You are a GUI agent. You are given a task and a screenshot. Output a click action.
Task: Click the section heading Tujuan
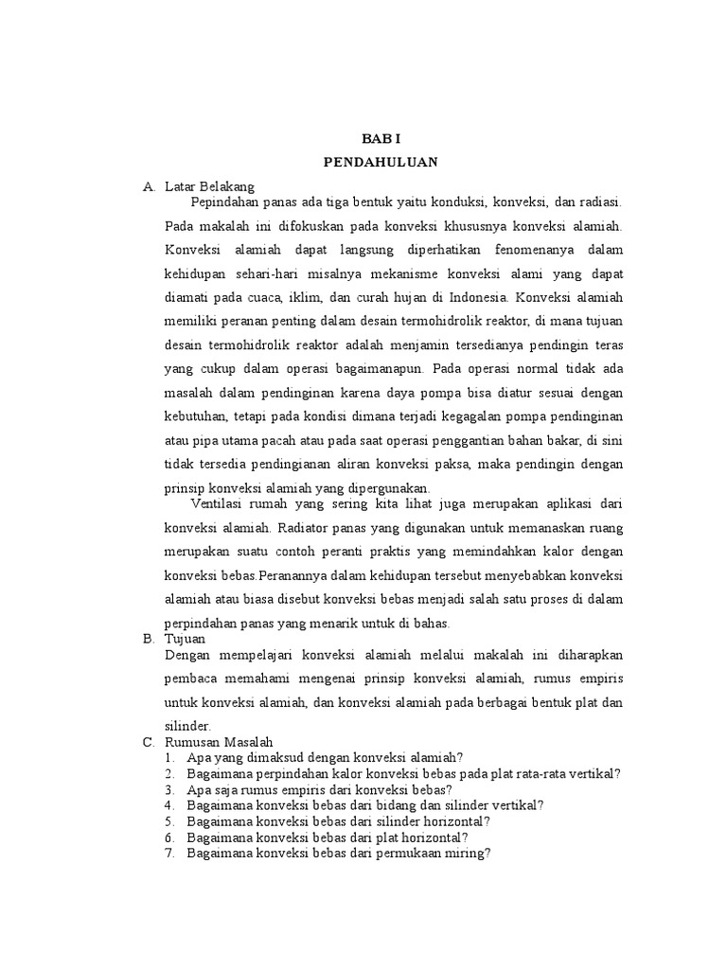click(x=185, y=639)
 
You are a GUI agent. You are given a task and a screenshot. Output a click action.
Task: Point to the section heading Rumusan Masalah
click(x=219, y=742)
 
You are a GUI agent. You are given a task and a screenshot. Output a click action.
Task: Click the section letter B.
click(x=149, y=639)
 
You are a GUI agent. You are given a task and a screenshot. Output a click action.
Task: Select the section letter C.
click(x=149, y=742)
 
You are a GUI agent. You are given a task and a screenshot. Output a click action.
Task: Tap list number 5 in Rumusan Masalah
click(x=169, y=821)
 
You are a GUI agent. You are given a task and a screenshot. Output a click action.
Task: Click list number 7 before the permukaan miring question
click(x=169, y=853)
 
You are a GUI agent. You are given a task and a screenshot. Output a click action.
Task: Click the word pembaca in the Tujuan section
click(x=192, y=678)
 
